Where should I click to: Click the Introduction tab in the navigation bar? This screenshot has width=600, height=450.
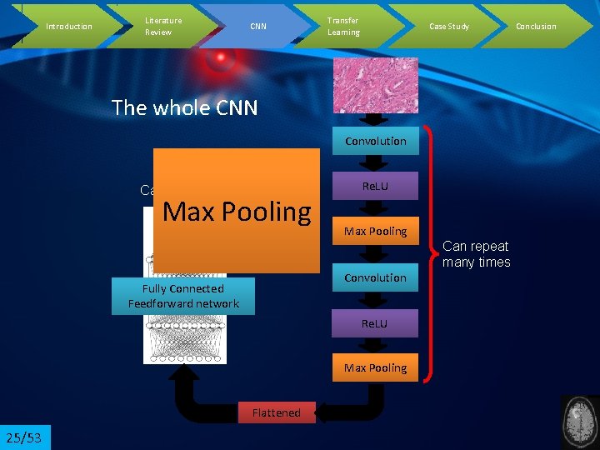68,26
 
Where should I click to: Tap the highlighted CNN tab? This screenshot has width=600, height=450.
258,26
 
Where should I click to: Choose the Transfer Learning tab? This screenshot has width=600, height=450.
343,26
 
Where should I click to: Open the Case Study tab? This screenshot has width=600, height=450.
448,26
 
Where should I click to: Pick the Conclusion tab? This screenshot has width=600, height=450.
536,26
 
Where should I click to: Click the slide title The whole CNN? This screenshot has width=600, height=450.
184,107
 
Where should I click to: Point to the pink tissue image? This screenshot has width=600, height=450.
376,85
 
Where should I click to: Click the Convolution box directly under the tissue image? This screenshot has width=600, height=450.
376,141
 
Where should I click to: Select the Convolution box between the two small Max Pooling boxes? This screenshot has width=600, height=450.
376,277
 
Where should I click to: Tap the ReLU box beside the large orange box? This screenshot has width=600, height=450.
375,186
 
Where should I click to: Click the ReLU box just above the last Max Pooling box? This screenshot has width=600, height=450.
375,322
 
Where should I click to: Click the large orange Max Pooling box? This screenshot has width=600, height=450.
237,211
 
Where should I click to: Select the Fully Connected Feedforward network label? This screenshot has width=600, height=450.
183,297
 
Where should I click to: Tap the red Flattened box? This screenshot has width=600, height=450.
276,412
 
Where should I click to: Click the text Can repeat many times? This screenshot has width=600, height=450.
476,253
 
